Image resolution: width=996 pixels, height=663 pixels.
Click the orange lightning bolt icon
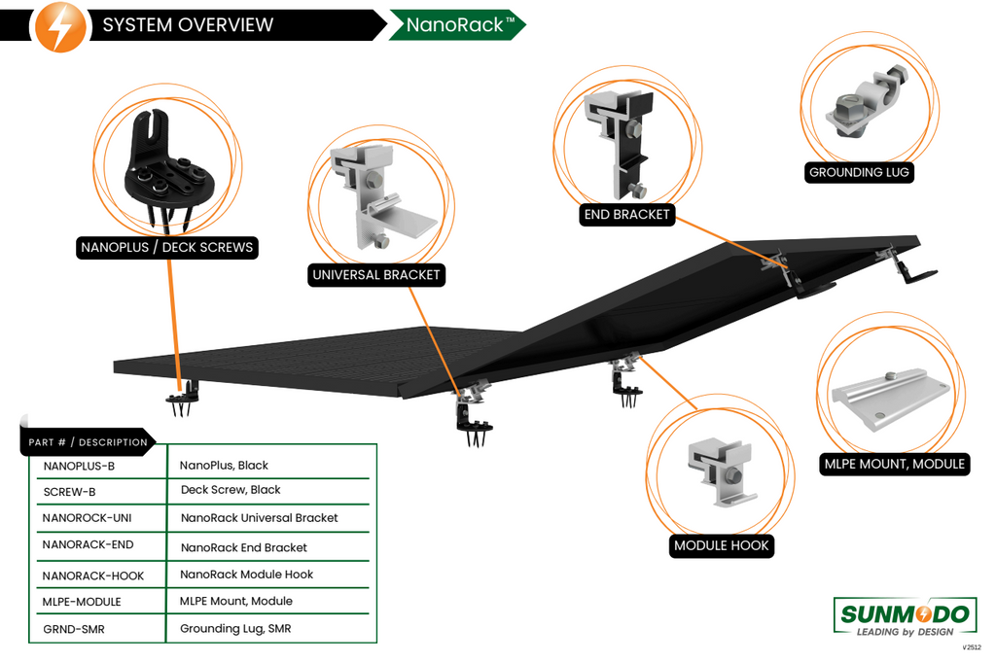coord(59,26)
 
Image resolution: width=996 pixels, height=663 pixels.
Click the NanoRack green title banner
coord(457,24)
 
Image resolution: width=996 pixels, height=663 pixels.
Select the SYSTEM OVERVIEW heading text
coord(188,24)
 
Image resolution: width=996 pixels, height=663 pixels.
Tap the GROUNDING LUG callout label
coord(859,172)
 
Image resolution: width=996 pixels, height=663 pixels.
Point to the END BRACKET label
coord(627,215)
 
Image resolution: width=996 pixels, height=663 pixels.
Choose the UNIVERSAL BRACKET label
coord(376,275)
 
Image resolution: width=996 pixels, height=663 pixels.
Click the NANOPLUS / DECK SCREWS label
coord(167,247)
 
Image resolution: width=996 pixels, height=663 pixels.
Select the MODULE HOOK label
coord(722,545)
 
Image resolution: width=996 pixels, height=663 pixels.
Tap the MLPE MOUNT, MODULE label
coord(895,464)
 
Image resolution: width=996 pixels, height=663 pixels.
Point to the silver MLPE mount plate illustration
coord(891,400)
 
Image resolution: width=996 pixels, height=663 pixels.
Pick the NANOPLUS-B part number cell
coord(80,466)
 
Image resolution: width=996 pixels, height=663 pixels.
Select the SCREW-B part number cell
coord(69,492)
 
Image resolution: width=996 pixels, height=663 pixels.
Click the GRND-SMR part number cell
coord(74,629)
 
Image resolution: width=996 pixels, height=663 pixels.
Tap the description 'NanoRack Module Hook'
coord(246,575)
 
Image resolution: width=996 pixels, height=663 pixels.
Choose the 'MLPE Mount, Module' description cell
coord(236,602)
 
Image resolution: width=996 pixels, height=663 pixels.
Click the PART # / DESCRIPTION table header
coord(88,442)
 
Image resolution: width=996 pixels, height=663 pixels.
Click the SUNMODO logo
coord(905,616)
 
